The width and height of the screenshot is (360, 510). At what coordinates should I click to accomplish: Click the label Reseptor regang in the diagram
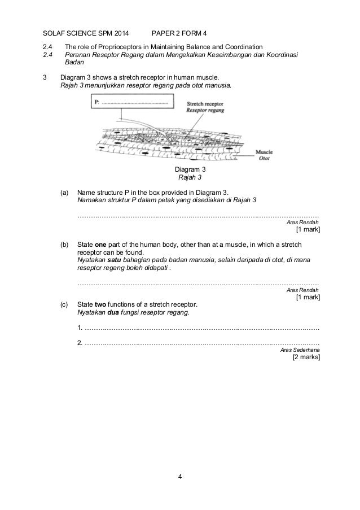click(x=205, y=111)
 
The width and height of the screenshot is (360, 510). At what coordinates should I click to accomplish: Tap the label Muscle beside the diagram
click(x=264, y=152)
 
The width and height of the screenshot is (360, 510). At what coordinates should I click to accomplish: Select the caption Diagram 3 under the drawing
click(x=190, y=170)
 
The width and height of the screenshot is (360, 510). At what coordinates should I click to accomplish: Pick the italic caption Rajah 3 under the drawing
click(x=190, y=177)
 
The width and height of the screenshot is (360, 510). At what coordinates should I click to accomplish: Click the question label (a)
click(x=65, y=192)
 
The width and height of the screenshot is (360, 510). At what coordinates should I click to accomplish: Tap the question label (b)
click(x=65, y=245)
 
